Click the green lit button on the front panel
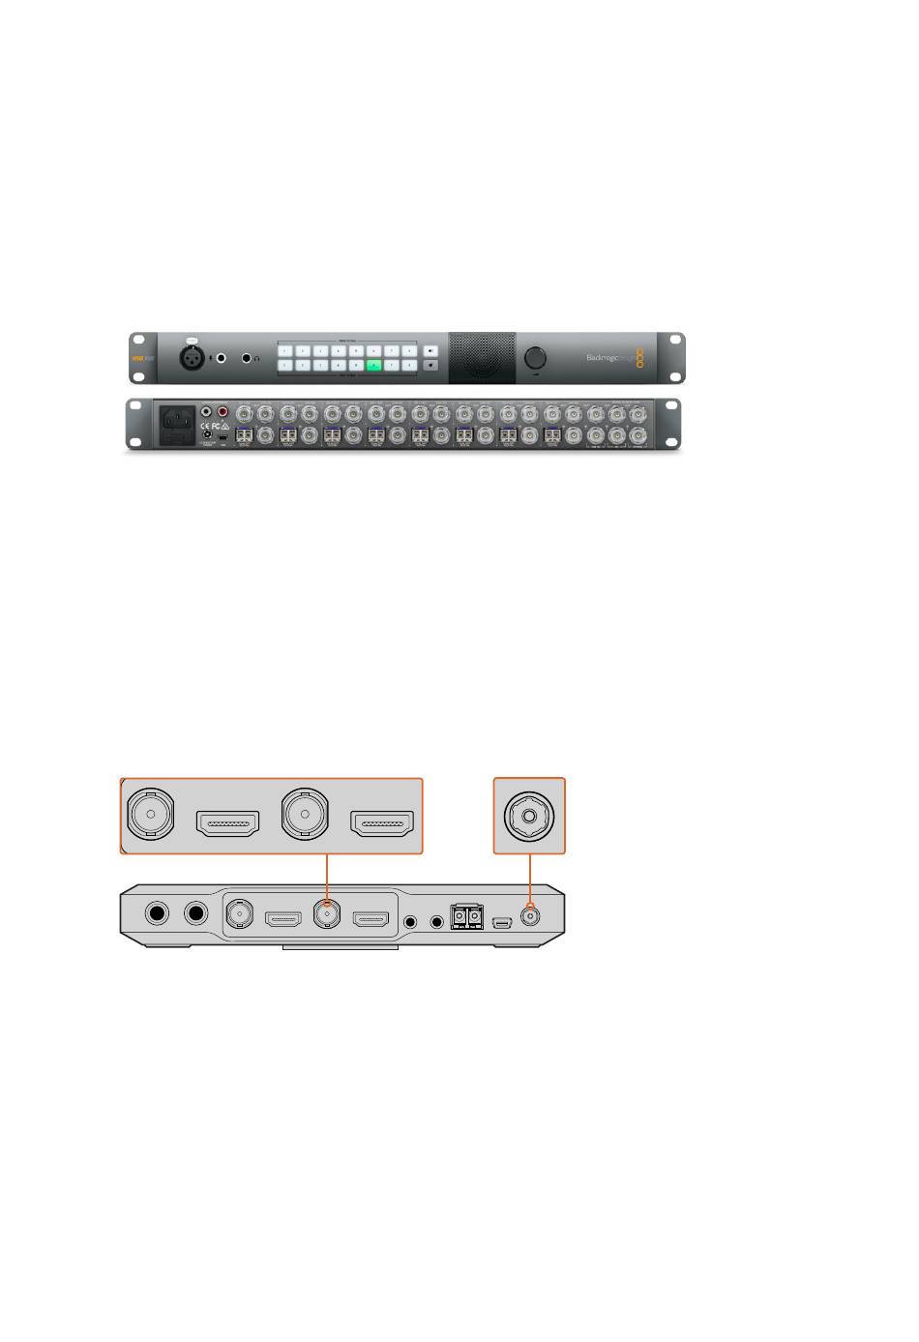pos(373,366)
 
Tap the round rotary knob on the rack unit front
pos(535,358)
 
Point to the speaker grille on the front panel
pos(482,358)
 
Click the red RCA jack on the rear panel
pos(223,411)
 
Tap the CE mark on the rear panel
pos(206,425)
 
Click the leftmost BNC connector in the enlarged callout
pos(148,815)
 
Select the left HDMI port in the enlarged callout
pos(227,824)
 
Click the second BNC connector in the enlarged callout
pos(304,815)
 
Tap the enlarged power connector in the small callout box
pos(529,815)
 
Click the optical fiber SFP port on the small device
pos(466,915)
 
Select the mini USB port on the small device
pos(501,920)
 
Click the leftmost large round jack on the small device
pos(157,914)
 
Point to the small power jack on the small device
pos(529,915)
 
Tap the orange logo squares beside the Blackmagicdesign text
pos(638,358)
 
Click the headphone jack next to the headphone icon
pos(248,358)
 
